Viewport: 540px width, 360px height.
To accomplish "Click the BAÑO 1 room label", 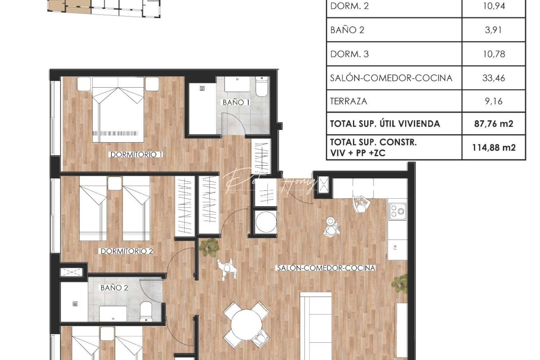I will pyautogui.click(x=236, y=102).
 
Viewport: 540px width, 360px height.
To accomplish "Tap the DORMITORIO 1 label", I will pyautogui.click(x=136, y=154).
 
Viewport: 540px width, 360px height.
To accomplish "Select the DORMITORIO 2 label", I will pyautogui.click(x=127, y=251).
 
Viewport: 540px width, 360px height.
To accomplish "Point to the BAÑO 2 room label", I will pyautogui.click(x=114, y=287).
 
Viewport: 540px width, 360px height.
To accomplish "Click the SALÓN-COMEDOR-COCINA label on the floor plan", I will pyautogui.click(x=326, y=268).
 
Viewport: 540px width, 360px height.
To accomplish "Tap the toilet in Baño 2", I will pyautogui.click(x=146, y=312).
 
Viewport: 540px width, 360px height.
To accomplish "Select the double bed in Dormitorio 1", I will pyautogui.click(x=118, y=110).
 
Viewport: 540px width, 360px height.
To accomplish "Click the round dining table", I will pyautogui.click(x=246, y=323).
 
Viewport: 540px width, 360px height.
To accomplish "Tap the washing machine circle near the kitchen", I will pyautogui.click(x=266, y=221).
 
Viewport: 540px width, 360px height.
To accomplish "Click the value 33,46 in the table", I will pyautogui.click(x=493, y=78).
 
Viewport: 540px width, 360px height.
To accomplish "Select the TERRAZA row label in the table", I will pyautogui.click(x=348, y=101).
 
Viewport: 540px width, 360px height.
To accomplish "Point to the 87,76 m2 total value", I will pyautogui.click(x=493, y=124).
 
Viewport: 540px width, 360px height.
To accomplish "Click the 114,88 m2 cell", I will pyautogui.click(x=494, y=147).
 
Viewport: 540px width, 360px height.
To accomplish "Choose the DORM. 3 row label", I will pyautogui.click(x=349, y=54).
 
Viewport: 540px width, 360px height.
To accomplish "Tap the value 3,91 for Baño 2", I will pyautogui.click(x=493, y=30).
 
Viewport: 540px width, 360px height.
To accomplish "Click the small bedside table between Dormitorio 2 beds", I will pyautogui.click(x=115, y=183).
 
